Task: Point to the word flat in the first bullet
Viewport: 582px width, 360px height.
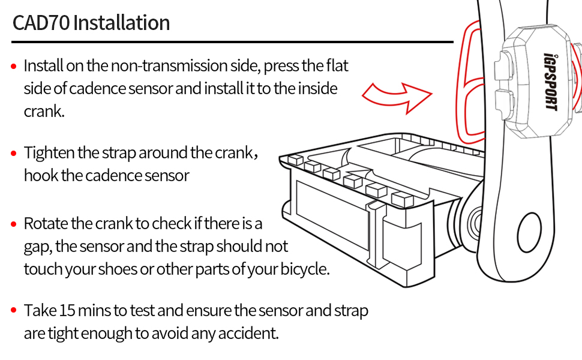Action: [x=336, y=65]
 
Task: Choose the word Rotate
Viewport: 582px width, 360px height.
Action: [x=46, y=224]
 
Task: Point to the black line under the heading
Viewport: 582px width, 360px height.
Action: [x=232, y=42]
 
